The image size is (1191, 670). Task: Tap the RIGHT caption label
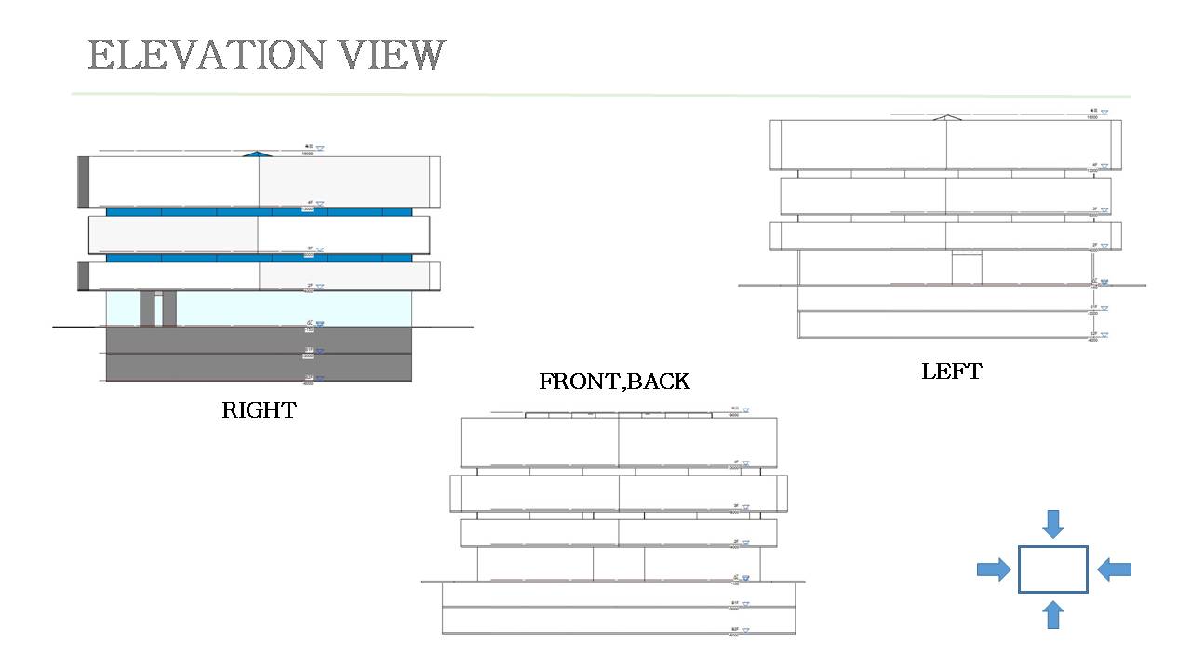[259, 410]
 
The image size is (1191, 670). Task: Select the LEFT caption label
[951, 371]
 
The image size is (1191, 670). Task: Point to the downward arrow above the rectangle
[1052, 523]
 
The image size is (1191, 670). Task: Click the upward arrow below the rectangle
[1052, 614]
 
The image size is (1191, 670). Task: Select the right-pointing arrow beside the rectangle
[994, 569]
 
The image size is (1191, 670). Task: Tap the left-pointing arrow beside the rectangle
[1114, 569]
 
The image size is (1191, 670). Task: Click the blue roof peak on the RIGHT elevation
[258, 153]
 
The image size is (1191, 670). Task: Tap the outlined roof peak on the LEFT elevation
[946, 117]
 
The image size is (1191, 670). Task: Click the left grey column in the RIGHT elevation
[147, 308]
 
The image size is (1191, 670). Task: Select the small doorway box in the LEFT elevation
[966, 268]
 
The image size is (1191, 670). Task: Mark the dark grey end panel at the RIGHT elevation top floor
[83, 181]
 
